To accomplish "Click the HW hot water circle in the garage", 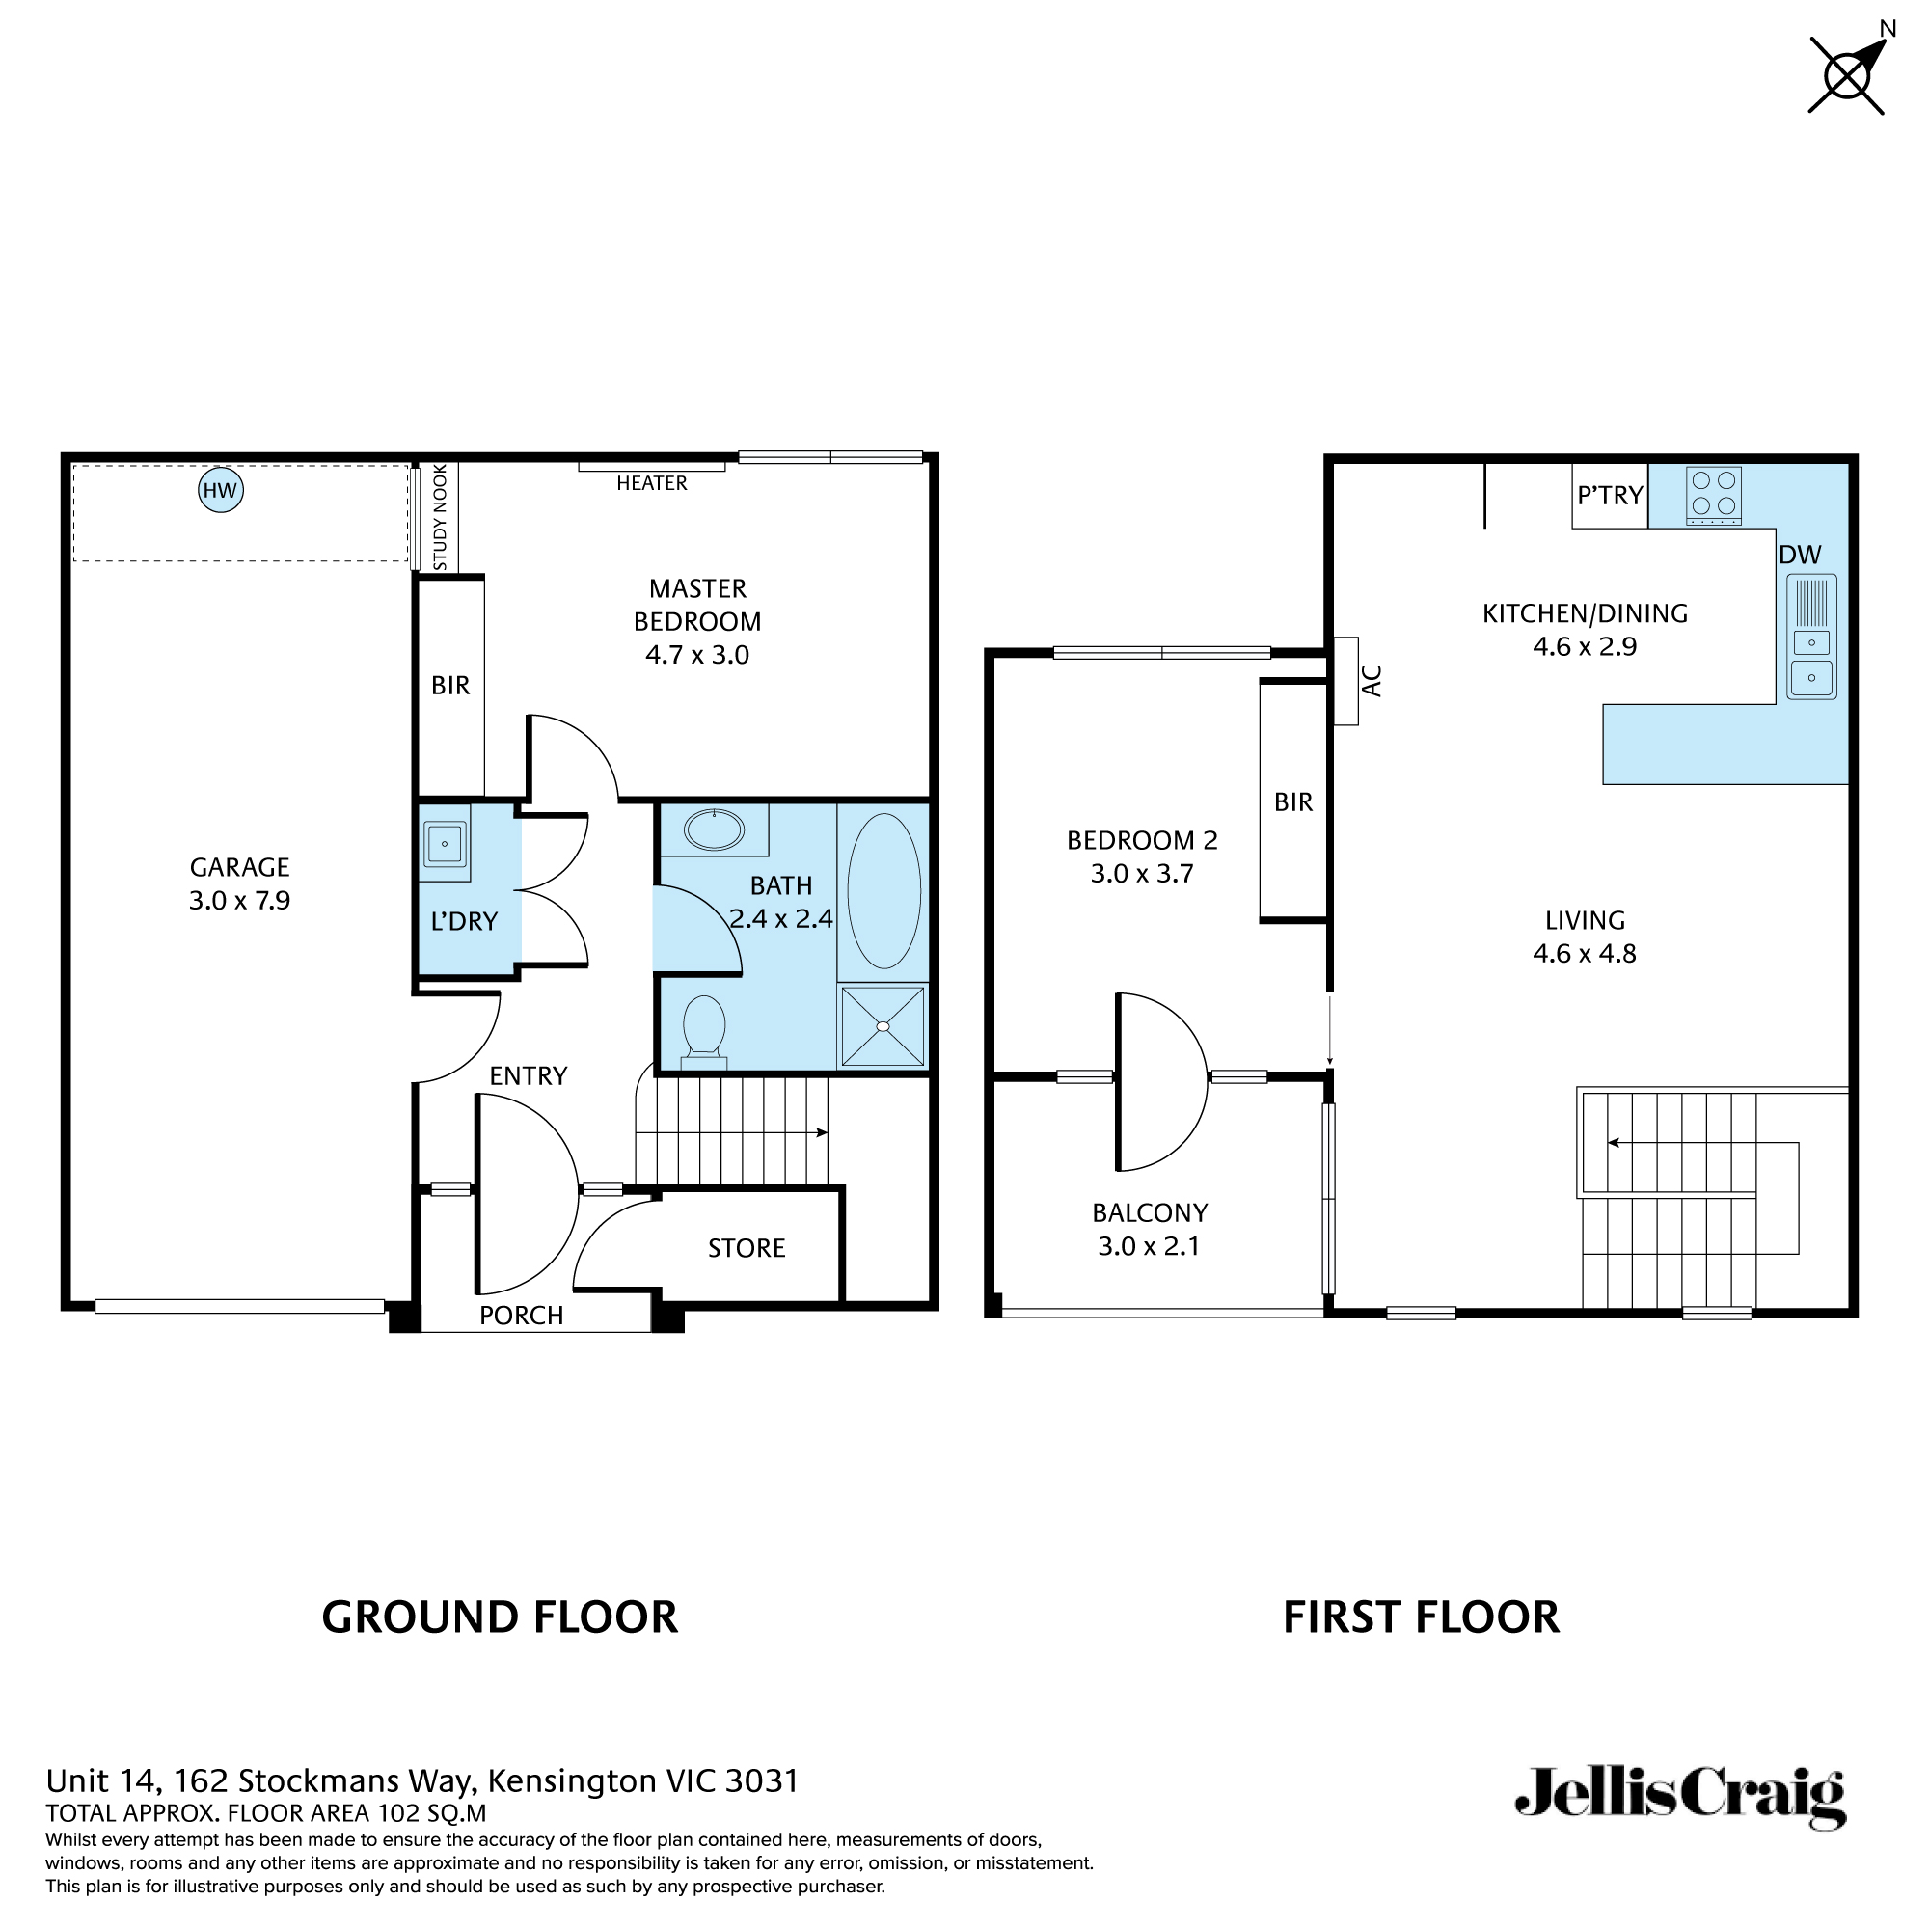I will coord(221,490).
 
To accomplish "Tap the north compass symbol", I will coord(1847,75).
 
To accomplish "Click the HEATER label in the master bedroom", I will coord(652,483).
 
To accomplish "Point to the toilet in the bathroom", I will coord(704,1026).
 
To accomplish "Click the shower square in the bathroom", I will coord(883,1026).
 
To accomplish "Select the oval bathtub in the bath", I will coord(883,890).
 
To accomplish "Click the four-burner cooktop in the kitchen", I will coord(1713,495).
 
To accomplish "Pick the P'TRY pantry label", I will coord(1610,495).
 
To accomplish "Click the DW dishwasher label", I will coord(1800,556).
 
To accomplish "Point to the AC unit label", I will coord(1372,681).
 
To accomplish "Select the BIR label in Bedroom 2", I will coord(1293,801).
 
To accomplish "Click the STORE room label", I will coord(746,1248).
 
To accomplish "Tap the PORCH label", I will coord(521,1315).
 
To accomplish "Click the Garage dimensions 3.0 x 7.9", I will coord(239,901).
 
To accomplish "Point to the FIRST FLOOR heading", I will coord(1421,1617).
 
